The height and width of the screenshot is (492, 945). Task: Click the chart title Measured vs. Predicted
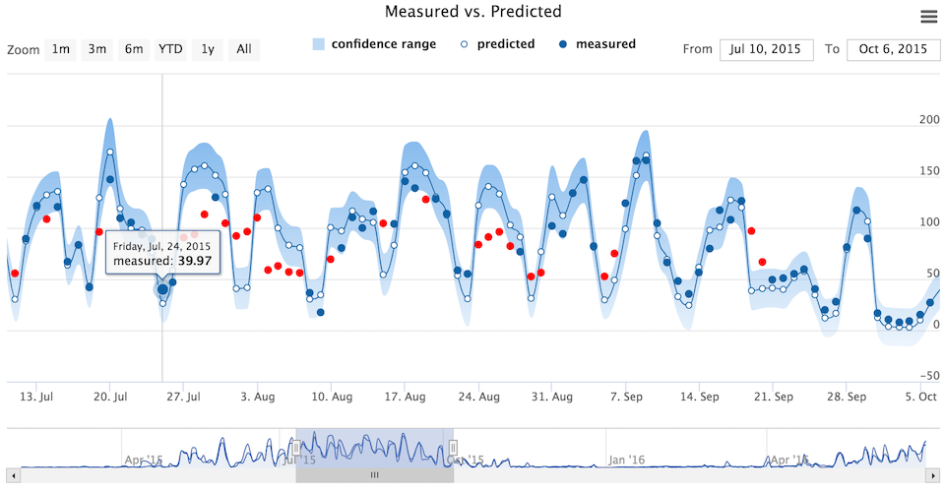[x=472, y=13]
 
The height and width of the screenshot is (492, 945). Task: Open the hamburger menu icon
[x=928, y=16]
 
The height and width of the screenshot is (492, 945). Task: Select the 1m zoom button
[x=61, y=49]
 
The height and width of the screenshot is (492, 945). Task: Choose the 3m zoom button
[x=96, y=49]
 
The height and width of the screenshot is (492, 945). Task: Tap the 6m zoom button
[x=133, y=49]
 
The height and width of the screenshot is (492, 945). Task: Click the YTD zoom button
[x=170, y=49]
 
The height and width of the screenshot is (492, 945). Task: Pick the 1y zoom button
[x=208, y=49]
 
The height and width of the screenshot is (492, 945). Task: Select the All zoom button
[x=244, y=49]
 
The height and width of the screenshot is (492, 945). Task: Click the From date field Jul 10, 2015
[x=766, y=49]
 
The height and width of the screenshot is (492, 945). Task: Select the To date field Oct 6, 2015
[x=893, y=49]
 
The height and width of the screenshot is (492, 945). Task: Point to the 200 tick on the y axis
[x=928, y=120]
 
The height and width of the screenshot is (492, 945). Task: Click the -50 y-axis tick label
[x=928, y=375]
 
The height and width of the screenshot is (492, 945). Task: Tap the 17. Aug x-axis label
[x=406, y=398]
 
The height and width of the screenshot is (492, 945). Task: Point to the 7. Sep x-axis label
[x=627, y=398]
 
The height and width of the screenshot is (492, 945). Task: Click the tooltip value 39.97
[x=195, y=261]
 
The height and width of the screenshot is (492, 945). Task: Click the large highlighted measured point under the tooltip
[x=162, y=289]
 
